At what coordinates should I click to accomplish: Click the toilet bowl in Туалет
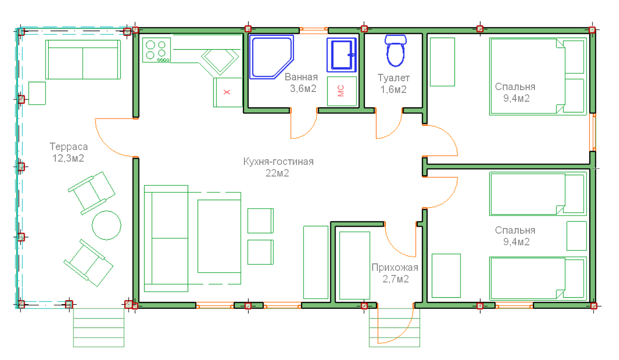(395, 51)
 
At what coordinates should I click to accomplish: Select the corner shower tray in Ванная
(271, 57)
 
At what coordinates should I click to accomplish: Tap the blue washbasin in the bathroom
(342, 55)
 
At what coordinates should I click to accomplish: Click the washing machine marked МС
(342, 91)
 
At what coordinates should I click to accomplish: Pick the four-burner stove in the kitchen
(157, 50)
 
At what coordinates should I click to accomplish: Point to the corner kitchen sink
(220, 62)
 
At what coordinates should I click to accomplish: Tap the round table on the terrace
(106, 225)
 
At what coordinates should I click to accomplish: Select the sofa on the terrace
(83, 59)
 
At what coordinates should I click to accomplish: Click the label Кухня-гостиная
(278, 161)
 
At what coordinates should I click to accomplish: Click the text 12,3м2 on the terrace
(68, 158)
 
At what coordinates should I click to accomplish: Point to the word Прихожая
(395, 268)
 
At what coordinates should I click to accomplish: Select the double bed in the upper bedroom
(538, 76)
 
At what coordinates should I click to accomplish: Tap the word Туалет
(394, 78)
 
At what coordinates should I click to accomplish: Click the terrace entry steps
(99, 327)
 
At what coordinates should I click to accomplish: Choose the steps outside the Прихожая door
(395, 327)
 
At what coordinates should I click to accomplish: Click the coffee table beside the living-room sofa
(219, 236)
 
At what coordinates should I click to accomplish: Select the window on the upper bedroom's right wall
(593, 132)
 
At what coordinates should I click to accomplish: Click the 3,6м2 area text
(303, 89)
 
